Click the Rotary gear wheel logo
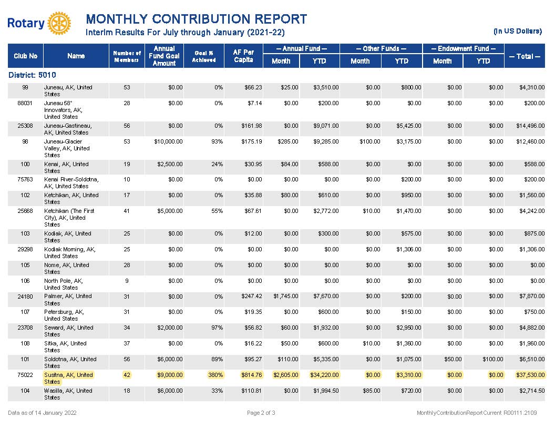59,23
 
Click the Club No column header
25,56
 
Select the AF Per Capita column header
243,56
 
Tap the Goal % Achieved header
204,56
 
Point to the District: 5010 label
32,75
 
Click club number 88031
25,103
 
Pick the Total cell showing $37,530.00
530,375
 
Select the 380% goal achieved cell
215,375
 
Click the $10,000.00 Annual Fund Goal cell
169,141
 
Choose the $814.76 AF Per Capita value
252,375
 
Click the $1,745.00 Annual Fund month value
285,296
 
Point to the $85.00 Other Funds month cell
371,391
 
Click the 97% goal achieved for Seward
217,328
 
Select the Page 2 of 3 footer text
261,413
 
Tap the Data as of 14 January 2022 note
42,413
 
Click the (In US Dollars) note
518,31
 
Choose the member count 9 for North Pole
127,281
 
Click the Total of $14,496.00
530,126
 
